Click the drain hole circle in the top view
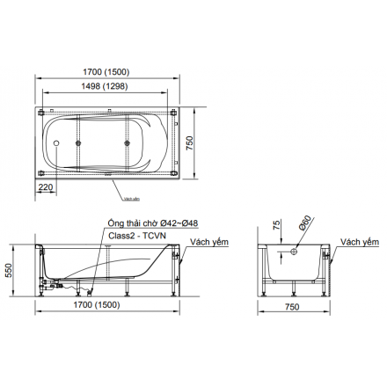56,143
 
